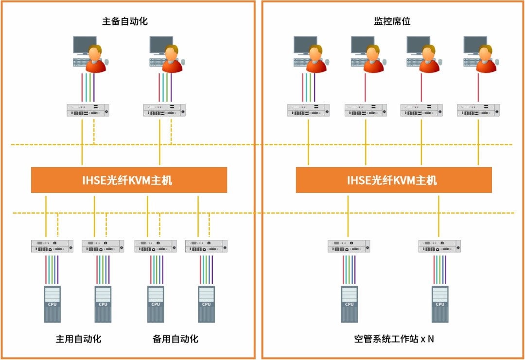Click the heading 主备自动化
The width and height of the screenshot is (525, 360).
[x=125, y=21]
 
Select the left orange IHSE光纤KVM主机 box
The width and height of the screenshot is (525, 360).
[x=129, y=180]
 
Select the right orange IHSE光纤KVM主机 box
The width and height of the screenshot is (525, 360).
[x=394, y=180]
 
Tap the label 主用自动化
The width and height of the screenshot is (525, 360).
[x=78, y=339]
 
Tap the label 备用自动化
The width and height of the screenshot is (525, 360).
[x=175, y=339]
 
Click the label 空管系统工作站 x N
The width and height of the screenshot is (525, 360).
[x=394, y=339]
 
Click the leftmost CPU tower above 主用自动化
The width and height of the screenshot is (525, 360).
[x=52, y=304]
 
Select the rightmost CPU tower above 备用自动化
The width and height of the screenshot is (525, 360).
[x=206, y=304]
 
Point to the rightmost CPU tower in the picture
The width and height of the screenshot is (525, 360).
[x=440, y=304]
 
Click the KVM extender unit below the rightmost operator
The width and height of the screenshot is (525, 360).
[x=478, y=110]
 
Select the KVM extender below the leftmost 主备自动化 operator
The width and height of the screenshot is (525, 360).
[x=88, y=110]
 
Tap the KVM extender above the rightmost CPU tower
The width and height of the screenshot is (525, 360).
[x=439, y=246]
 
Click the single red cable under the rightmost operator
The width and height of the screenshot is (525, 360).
[x=478, y=87]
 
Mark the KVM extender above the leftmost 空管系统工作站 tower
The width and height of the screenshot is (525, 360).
[x=349, y=246]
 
